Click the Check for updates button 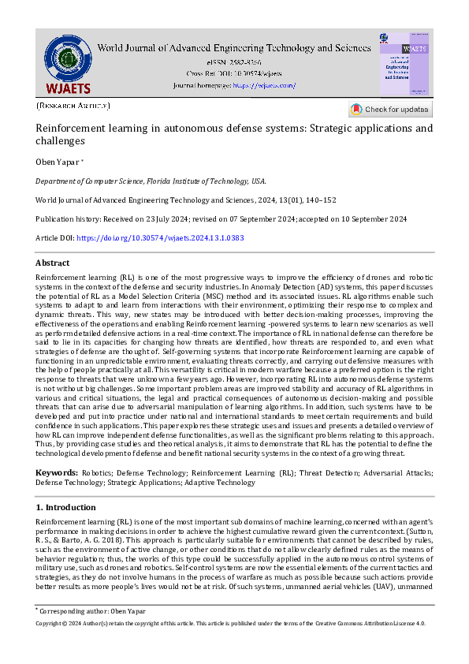(x=390, y=110)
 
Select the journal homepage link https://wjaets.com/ (x=263, y=84)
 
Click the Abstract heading (x=52, y=263)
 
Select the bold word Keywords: (x=57, y=472)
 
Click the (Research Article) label (x=73, y=105)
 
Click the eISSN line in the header (x=234, y=61)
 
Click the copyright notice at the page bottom (x=231, y=623)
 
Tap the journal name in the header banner (x=233, y=47)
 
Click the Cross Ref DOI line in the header (x=234, y=73)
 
